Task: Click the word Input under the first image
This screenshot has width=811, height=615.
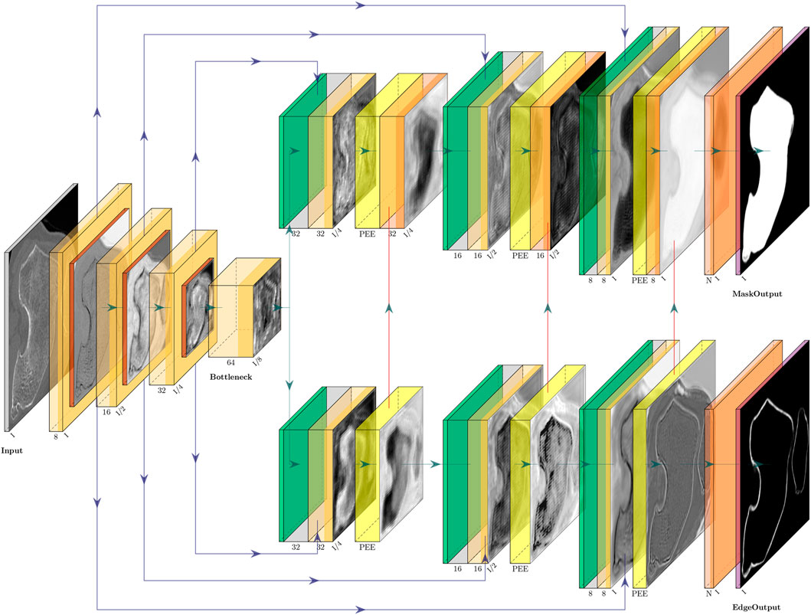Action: pyautogui.click(x=12, y=451)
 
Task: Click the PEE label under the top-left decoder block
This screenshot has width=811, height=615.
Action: pyautogui.click(x=367, y=233)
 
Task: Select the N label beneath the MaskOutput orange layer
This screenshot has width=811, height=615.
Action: pyautogui.click(x=708, y=280)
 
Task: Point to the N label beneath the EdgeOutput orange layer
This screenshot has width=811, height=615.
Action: pyautogui.click(x=708, y=594)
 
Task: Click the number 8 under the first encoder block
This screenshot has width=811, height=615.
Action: pyautogui.click(x=56, y=437)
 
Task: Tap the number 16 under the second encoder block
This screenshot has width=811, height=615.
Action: pyautogui.click(x=105, y=411)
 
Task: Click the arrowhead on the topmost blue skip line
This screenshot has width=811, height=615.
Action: pyautogui.click(x=360, y=5)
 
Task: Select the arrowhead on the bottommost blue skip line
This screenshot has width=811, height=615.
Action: pyautogui.click(x=360, y=609)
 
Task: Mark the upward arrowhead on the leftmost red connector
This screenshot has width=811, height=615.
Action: pyautogui.click(x=390, y=307)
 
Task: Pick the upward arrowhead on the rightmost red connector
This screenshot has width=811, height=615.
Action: pyautogui.click(x=675, y=307)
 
